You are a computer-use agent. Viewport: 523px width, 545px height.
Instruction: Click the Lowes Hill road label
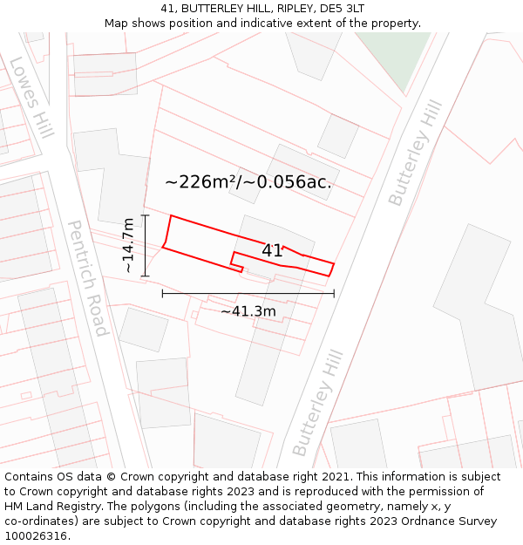coord(32,97)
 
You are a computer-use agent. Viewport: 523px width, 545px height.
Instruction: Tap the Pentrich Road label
coord(87,277)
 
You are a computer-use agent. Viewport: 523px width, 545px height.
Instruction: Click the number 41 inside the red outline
coord(273,250)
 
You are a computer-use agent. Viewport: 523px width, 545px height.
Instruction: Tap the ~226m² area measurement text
coord(248,182)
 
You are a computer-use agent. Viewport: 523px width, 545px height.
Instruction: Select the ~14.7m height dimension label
coord(129,246)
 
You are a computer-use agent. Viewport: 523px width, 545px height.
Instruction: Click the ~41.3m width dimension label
coord(248,311)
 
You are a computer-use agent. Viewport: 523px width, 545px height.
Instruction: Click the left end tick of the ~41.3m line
coord(163,294)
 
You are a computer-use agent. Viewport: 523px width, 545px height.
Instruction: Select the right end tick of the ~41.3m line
coord(334,294)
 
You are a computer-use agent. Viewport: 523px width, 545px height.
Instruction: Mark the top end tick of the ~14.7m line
coord(145,215)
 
